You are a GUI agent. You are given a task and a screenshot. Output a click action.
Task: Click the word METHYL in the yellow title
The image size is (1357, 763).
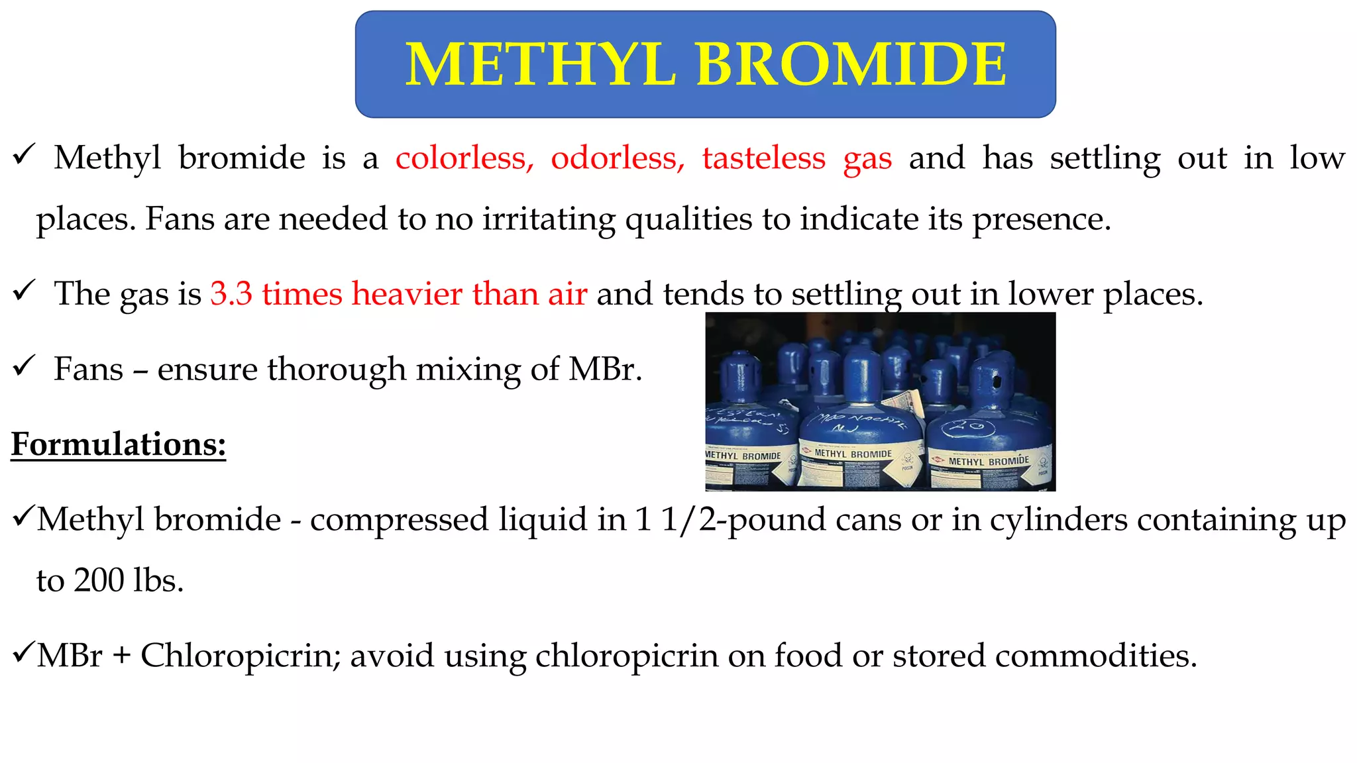540,64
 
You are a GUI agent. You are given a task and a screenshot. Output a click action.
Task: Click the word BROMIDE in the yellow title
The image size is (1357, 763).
851,64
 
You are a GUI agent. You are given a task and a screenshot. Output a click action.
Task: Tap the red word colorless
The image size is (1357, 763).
464,158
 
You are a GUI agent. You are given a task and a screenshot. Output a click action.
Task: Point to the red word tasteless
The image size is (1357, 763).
764,158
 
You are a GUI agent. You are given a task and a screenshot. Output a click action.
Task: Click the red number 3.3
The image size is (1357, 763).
231,293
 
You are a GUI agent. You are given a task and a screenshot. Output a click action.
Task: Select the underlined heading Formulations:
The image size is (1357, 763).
119,444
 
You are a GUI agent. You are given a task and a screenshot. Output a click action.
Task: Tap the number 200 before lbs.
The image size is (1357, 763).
99,580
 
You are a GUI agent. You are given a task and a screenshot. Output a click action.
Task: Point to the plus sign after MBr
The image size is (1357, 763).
121,656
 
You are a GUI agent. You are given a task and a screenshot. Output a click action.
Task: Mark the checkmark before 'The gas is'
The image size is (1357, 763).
24,290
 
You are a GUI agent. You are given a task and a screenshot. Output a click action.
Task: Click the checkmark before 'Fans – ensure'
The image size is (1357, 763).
24,365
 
